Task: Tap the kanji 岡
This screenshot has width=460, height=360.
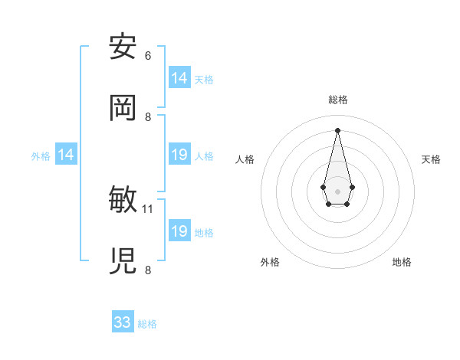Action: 123,108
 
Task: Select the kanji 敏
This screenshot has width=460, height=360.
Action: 123,200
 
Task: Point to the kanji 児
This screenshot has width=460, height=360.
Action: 123,261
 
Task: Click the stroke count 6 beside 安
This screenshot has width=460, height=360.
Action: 148,56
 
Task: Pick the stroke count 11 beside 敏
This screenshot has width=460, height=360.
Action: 148,208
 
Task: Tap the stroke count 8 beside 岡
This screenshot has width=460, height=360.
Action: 148,117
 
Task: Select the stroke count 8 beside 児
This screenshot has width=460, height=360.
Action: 148,270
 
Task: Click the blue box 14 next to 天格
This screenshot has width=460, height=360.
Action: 179,78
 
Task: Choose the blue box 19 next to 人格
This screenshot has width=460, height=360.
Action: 179,155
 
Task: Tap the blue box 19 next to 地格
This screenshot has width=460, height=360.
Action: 179,231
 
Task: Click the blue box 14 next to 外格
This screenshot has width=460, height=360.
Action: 66,155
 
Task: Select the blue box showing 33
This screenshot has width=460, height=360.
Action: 123,322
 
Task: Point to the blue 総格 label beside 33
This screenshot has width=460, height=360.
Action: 147,324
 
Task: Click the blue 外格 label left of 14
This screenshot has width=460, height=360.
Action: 41,155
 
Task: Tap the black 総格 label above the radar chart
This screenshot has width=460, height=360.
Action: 337,100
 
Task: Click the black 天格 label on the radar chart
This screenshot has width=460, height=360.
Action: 431,159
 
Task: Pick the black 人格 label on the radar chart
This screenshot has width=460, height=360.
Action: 245,159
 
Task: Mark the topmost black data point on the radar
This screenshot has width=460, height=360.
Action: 337,129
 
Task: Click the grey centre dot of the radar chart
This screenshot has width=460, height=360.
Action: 337,190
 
